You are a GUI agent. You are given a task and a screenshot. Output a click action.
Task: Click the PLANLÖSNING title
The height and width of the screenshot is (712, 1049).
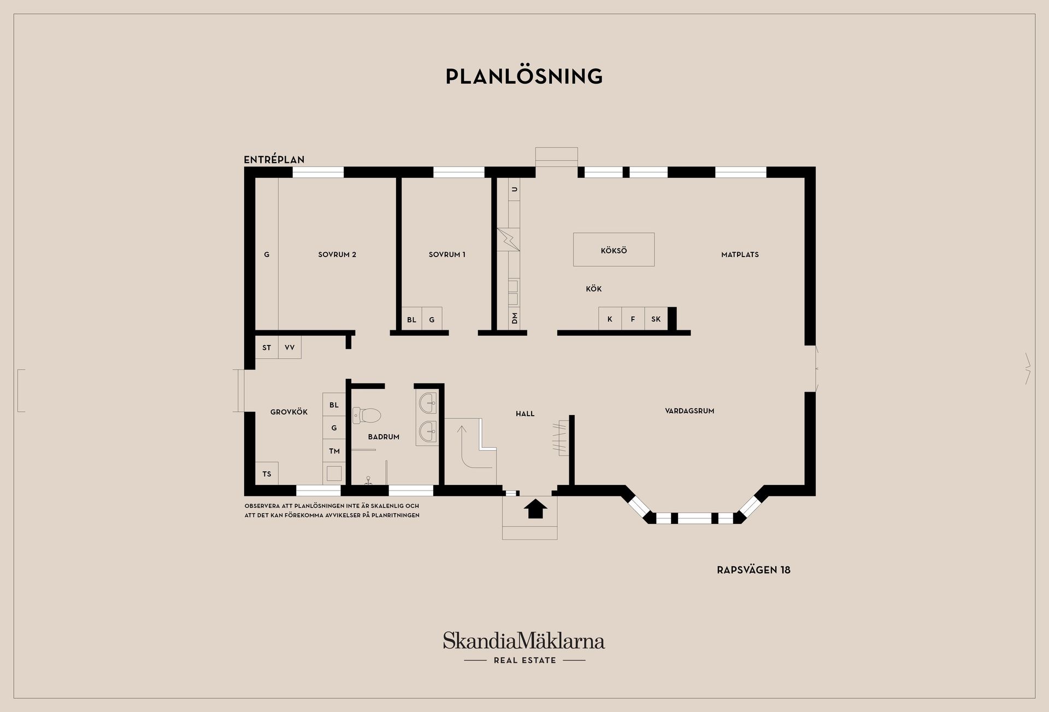pyautogui.click(x=524, y=77)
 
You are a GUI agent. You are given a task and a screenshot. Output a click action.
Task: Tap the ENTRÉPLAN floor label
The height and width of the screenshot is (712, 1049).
pyautogui.click(x=274, y=160)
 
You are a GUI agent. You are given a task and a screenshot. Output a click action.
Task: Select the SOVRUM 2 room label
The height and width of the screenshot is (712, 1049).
pyautogui.click(x=337, y=254)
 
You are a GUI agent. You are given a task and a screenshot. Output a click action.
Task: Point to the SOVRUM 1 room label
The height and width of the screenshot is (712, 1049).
pyautogui.click(x=447, y=254)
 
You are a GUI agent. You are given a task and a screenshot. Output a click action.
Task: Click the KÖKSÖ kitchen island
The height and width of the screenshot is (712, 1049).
pyautogui.click(x=614, y=250)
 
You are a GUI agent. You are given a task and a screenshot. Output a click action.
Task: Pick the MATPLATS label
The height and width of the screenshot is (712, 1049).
pyautogui.click(x=740, y=254)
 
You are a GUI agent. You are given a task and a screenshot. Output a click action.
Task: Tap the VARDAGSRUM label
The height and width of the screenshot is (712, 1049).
pyautogui.click(x=689, y=411)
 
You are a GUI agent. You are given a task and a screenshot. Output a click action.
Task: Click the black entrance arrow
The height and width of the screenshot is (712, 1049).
pyautogui.click(x=535, y=508)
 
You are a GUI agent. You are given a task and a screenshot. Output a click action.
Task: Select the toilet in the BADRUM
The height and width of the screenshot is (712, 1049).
pyautogui.click(x=366, y=416)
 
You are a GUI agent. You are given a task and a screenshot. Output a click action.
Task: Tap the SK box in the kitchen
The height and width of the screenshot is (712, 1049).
pyautogui.click(x=656, y=319)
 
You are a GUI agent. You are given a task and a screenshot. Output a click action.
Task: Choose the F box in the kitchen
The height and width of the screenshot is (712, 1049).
pyautogui.click(x=633, y=319)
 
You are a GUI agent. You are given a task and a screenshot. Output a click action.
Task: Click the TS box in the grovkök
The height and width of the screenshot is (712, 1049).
pyautogui.click(x=267, y=474)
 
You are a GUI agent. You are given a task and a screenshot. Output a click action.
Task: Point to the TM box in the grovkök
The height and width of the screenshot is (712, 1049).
pyautogui.click(x=334, y=451)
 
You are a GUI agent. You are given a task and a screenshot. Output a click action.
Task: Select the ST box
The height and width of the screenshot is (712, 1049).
pyautogui.click(x=267, y=347)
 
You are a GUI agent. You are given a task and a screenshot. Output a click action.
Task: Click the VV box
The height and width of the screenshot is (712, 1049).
pyautogui.click(x=290, y=347)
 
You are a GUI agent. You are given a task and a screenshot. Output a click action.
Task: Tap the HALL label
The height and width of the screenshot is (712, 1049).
pyautogui.click(x=525, y=414)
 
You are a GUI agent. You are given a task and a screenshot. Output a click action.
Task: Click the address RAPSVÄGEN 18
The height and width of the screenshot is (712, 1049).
pyautogui.click(x=753, y=570)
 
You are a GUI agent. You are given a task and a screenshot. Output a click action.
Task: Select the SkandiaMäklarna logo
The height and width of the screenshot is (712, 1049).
pyautogui.click(x=524, y=648)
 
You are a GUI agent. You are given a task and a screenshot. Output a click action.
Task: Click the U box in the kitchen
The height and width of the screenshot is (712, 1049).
pyautogui.click(x=514, y=189)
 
